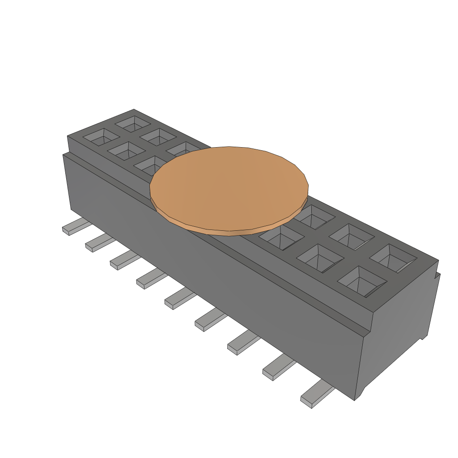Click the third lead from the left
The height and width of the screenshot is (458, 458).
[122, 261]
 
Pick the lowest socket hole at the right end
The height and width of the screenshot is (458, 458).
[361, 282]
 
